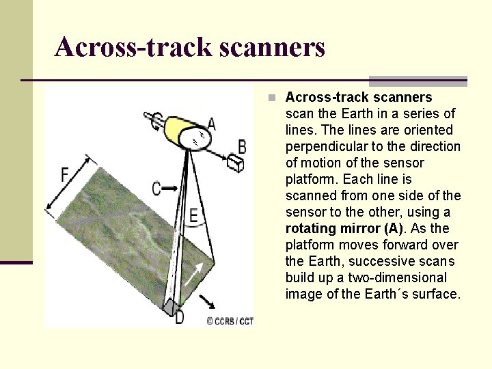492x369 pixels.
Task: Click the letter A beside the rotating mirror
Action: click(211, 124)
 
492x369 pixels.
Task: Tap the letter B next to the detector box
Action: click(242, 146)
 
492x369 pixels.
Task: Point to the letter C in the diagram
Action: click(156, 188)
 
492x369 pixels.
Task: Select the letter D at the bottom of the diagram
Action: click(179, 317)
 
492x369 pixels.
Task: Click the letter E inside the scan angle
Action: click(194, 217)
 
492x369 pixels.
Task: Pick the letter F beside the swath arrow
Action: click(64, 175)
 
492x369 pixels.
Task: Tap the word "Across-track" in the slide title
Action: click(133, 47)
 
